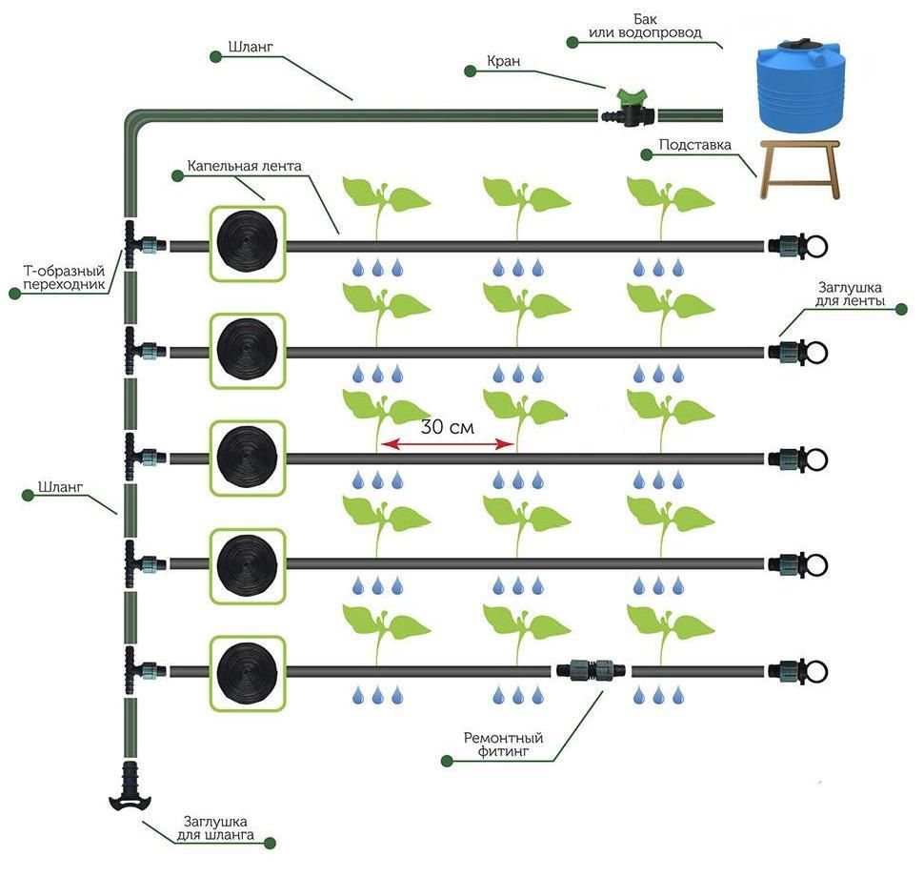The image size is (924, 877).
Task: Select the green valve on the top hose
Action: pyautogui.click(x=629, y=107)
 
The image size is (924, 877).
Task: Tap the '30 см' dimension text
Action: pyautogui.click(x=446, y=427)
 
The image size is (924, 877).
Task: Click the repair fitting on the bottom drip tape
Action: pyautogui.click(x=591, y=670)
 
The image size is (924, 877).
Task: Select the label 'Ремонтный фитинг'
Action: pyautogui.click(x=503, y=744)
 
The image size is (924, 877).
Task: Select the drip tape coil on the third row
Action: pyautogui.click(x=247, y=458)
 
